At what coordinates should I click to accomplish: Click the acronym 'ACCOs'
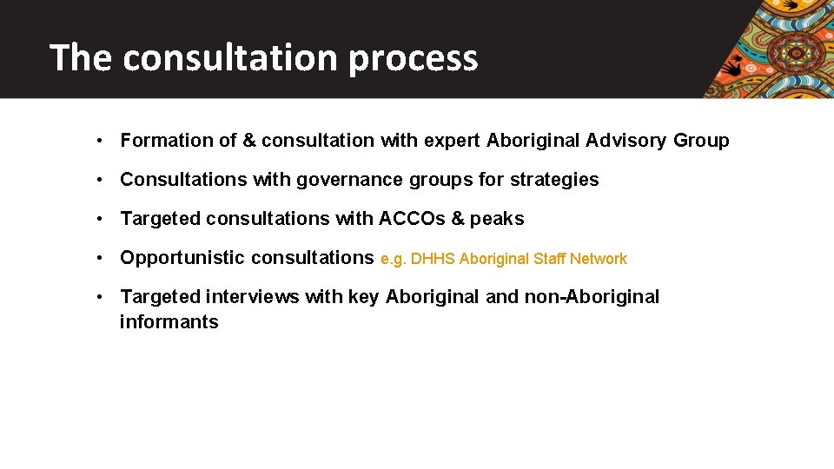coord(412,219)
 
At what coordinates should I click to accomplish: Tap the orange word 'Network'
coord(598,259)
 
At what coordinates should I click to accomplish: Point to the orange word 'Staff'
coord(548,259)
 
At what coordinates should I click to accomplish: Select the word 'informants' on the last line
coord(169,322)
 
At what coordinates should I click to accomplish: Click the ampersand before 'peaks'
coord(459,219)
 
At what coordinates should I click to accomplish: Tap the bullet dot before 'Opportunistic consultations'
coord(102,258)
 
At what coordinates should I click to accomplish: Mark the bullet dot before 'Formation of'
coord(102,141)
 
